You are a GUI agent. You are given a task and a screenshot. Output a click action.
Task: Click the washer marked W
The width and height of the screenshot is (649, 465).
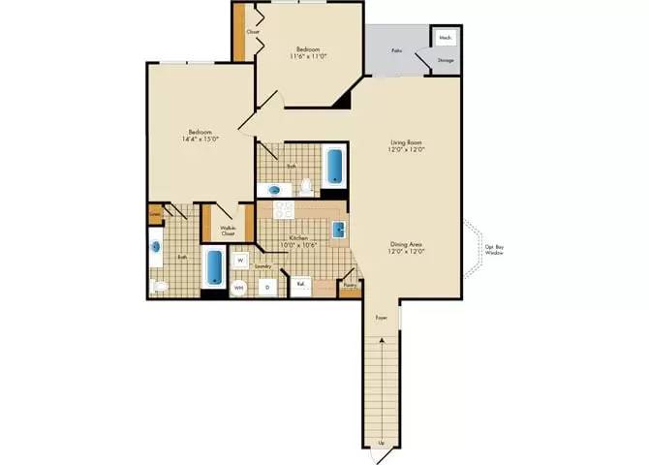[239, 260]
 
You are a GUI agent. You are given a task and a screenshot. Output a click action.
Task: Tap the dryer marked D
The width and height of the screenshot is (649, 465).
[267, 287]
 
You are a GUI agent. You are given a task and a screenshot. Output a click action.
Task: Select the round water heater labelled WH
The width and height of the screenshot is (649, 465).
[239, 287]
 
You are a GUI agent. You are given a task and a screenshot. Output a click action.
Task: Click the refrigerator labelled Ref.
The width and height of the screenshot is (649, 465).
[301, 285]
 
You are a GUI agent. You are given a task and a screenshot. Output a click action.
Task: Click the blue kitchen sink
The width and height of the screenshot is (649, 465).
[339, 231]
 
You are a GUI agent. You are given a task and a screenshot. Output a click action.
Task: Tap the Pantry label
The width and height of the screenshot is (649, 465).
[350, 285]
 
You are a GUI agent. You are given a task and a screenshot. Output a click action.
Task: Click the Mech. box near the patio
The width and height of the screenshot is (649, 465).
[446, 38]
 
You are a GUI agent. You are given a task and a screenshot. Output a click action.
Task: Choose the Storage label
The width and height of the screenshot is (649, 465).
[446, 60]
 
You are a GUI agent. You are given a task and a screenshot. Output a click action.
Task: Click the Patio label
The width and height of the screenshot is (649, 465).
[397, 48]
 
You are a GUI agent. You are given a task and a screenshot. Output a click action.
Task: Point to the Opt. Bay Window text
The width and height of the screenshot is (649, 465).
[494, 250]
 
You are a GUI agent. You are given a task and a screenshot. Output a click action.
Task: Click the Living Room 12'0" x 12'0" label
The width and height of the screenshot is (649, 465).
[407, 146]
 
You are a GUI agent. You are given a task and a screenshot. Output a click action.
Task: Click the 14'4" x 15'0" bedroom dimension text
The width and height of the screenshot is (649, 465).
[201, 139]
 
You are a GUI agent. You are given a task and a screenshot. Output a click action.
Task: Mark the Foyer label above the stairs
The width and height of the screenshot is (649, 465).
[381, 317]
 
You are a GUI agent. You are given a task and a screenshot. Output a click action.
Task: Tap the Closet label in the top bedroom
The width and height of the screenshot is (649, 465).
[253, 32]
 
